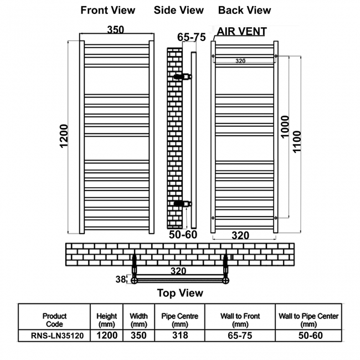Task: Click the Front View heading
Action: (x=107, y=11)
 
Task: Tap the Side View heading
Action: (x=179, y=11)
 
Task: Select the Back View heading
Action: (x=244, y=11)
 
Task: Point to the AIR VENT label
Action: (x=242, y=31)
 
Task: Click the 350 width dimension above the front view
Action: (x=116, y=29)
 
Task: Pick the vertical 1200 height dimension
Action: (x=64, y=136)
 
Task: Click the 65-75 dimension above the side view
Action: (x=191, y=37)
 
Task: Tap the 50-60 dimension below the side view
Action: (x=183, y=235)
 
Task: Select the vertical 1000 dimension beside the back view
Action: (x=285, y=127)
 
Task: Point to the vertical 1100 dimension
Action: (x=297, y=142)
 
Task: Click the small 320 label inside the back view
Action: (x=240, y=61)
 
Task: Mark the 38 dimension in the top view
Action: (x=121, y=279)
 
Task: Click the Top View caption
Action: (x=180, y=293)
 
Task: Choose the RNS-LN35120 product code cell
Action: (x=57, y=336)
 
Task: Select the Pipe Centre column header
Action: (x=180, y=320)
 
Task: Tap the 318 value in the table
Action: (x=180, y=335)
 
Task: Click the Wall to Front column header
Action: (x=240, y=320)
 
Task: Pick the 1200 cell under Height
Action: (x=107, y=336)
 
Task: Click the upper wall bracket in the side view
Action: (x=183, y=76)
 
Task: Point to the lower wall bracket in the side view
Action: (x=183, y=203)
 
